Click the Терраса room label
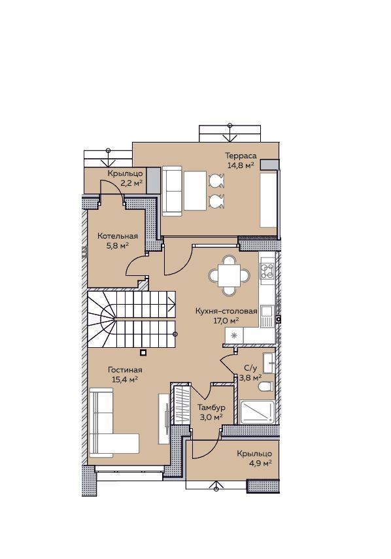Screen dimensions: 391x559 (241, 156)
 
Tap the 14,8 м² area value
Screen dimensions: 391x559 (241, 165)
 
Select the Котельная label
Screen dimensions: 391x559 (118, 236)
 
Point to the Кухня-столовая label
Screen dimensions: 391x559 (226, 311)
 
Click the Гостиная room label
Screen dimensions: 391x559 (125, 370)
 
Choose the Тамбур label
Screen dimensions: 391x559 (211, 407)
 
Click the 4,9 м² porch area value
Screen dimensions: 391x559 (260, 463)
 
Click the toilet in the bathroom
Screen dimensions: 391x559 (266, 386)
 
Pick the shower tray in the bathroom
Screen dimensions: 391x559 (258, 412)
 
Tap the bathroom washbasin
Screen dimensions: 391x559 (268, 363)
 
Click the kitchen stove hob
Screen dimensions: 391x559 (267, 271)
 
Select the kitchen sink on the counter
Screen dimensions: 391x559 (267, 316)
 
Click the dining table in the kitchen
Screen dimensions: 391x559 (229, 276)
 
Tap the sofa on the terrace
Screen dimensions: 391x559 (172, 191)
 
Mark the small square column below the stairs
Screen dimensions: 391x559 (143, 352)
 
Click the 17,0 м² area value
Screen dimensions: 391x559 (226, 320)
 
